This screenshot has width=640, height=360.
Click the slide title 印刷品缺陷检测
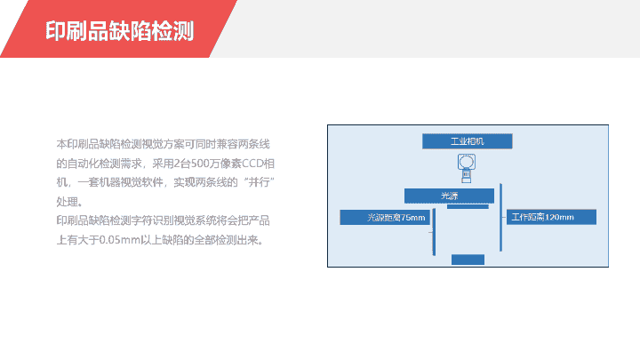pyautogui.click(x=119, y=30)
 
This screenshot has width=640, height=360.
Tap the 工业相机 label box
pyautogui.click(x=467, y=141)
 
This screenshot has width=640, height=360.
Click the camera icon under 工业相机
pyautogui.click(x=466, y=168)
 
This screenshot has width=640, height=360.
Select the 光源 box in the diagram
pyautogui.click(x=449, y=196)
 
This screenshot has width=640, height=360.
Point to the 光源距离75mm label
pyautogui.click(x=385, y=217)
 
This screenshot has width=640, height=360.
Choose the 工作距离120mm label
pyautogui.click(x=551, y=217)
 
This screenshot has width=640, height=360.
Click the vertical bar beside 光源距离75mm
pyautogui.click(x=434, y=232)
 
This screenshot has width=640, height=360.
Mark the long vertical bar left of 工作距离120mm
pyautogui.click(x=500, y=217)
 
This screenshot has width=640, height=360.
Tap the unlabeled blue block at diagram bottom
pyautogui.click(x=468, y=260)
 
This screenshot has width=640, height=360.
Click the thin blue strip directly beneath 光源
pyautogui.click(x=468, y=206)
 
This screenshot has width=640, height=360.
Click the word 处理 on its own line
pyautogui.click(x=67, y=202)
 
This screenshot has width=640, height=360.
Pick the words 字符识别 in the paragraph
pyautogui.click(x=152, y=220)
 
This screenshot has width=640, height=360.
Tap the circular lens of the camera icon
pyautogui.click(x=466, y=162)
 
